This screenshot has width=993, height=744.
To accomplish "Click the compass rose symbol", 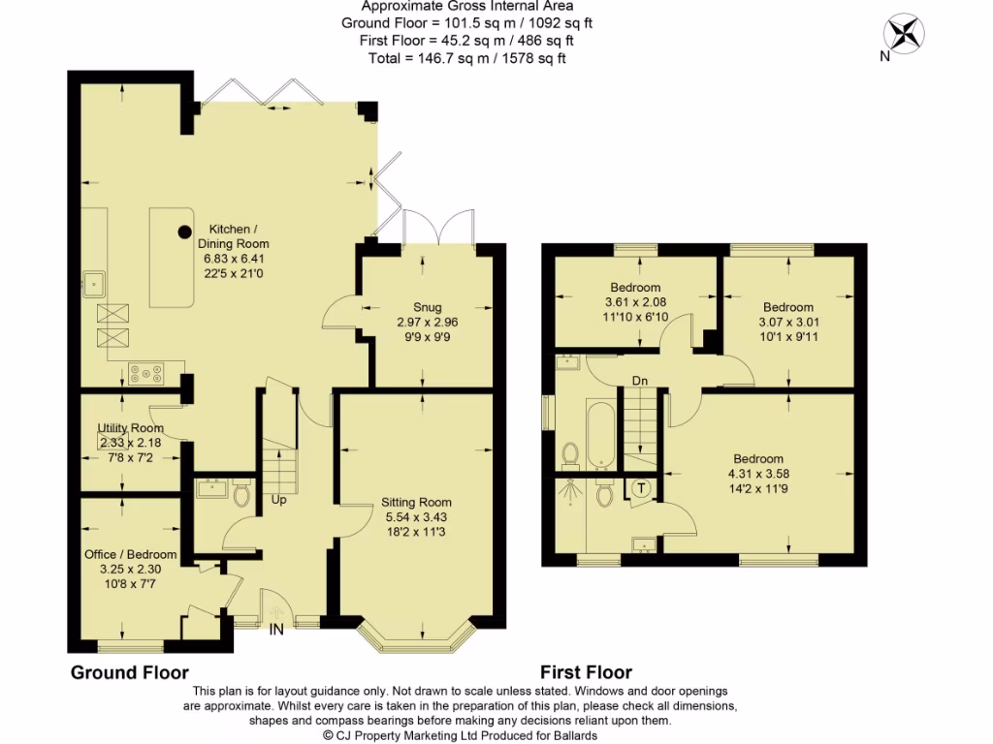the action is click(905, 33).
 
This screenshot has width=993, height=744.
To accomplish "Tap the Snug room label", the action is click(428, 307).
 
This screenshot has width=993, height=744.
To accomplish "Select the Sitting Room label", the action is click(416, 503).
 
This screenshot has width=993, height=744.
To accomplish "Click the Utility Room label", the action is click(131, 428).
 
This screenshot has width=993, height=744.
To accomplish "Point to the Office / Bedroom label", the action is click(131, 554).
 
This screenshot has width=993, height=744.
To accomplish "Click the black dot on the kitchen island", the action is click(184, 232).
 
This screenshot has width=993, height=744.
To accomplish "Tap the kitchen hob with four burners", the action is click(146, 373).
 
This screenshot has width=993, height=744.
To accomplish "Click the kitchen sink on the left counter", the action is click(94, 285).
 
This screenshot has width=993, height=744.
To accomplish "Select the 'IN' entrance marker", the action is click(276, 630).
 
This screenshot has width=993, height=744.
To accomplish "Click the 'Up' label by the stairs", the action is click(278, 500).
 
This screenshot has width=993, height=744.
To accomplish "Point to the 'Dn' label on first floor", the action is click(640, 381).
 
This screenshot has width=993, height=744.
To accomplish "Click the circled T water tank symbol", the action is click(642, 488).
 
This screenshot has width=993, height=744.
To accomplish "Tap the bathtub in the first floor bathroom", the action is click(601, 435).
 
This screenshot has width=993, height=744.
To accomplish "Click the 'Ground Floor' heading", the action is click(130, 672).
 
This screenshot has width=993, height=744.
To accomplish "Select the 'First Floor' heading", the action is click(586, 672).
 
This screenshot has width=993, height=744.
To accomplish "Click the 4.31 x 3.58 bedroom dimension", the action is click(758, 474).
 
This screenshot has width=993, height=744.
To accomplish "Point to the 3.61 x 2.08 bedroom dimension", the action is click(635, 302).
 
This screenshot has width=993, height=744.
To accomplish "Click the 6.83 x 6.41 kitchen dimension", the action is click(234, 259).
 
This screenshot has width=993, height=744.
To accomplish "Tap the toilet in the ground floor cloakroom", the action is click(241, 494).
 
